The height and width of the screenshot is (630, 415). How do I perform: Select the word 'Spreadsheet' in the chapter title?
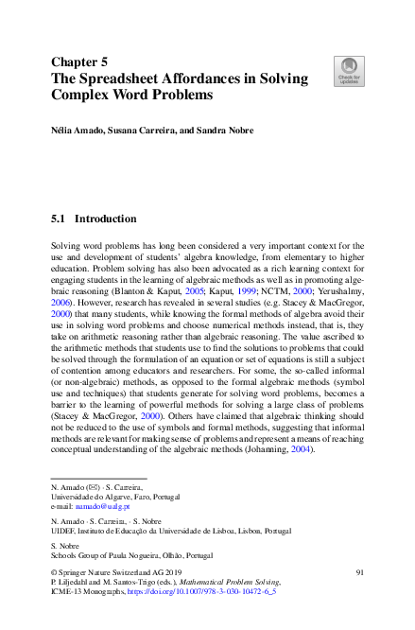pos(123,79)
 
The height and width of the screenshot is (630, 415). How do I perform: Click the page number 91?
pos(359,573)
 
